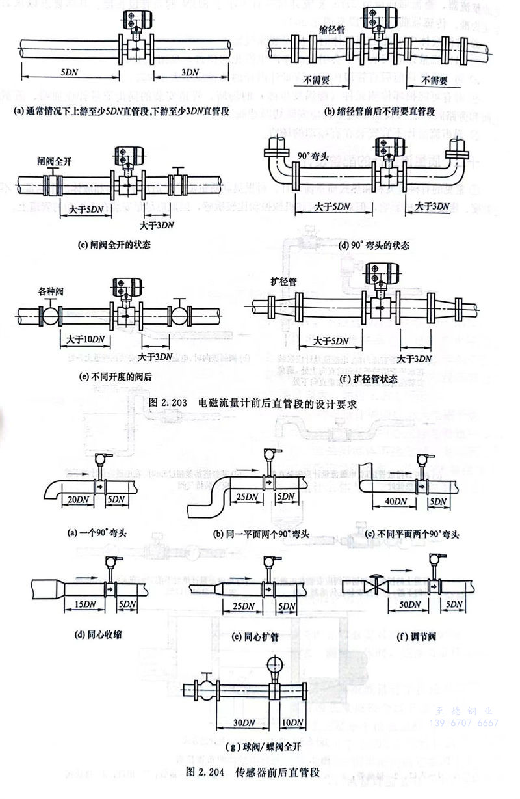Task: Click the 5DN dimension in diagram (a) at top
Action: coord(70,72)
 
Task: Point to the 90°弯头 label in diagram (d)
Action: coord(313,157)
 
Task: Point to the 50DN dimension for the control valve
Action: coord(408,604)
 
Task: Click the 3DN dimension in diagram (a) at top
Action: coord(190,72)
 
